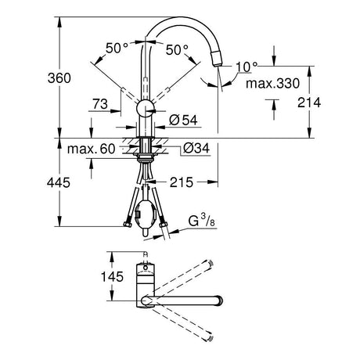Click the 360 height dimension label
(59, 78)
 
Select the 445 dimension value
(59, 182)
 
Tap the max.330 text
(273, 84)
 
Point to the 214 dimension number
(309, 103)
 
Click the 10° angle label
(247, 67)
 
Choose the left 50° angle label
(117, 48)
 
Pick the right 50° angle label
(177, 49)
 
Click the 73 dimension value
(100, 104)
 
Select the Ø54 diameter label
(183, 120)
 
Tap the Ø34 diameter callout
(196, 148)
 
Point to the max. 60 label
(91, 149)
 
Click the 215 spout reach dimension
(182, 182)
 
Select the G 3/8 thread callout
(201, 221)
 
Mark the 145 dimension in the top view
(112, 276)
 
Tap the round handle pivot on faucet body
(146, 108)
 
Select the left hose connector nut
(127, 224)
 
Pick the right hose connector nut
(164, 225)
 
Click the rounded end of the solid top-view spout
(218, 301)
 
